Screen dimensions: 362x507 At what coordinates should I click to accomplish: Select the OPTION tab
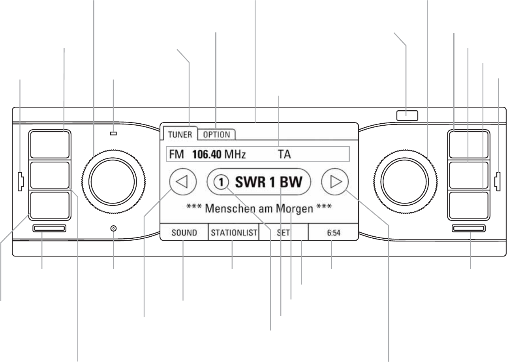[216, 134]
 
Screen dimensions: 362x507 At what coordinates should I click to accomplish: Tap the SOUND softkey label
[184, 233]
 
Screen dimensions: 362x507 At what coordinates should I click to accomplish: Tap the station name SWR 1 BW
[269, 182]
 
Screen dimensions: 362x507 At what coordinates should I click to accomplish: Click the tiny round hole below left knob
[114, 228]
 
